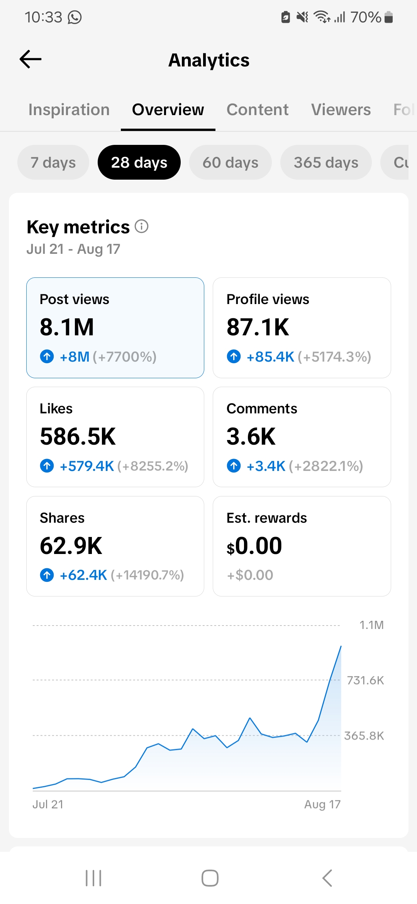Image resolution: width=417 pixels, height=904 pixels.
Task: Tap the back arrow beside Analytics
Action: tap(31, 59)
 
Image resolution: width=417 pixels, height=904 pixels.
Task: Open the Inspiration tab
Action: tap(69, 110)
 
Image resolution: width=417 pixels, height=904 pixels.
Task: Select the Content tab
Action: tap(258, 110)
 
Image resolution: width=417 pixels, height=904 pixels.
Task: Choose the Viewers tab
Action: tap(341, 110)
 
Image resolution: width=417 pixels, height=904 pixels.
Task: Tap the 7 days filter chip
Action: tap(53, 162)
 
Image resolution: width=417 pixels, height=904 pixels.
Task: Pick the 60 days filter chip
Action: tap(231, 162)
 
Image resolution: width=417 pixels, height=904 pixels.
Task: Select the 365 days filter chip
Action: tap(326, 162)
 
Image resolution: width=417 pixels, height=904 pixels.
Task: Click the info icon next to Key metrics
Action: tap(142, 226)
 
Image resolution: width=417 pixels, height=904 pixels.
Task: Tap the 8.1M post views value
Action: tap(67, 327)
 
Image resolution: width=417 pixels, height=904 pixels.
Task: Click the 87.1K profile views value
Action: tap(258, 327)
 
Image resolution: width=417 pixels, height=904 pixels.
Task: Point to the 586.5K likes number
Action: tap(78, 437)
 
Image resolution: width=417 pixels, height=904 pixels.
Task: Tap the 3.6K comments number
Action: tap(251, 437)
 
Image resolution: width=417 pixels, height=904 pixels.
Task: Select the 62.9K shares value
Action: tap(71, 546)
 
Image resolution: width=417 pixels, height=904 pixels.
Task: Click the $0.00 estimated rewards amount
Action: tap(254, 546)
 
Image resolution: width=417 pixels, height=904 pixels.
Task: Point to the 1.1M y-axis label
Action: tap(371, 625)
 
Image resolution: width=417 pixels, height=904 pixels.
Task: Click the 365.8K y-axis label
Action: tap(364, 736)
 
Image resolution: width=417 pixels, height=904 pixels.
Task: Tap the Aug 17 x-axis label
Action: tap(322, 804)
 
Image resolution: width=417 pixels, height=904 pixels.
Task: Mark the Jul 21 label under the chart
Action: tap(48, 804)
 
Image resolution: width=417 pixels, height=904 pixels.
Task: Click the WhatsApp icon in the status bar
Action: tap(75, 17)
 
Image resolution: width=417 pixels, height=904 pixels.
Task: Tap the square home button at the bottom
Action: tap(210, 878)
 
